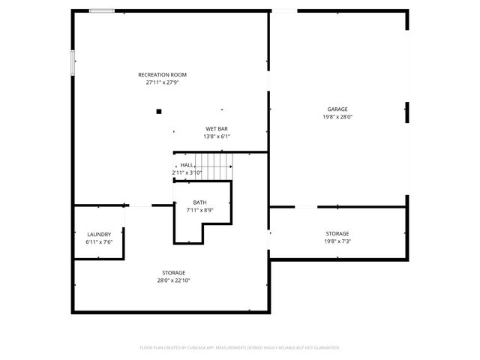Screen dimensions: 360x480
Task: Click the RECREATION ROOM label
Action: pyautogui.click(x=162, y=75)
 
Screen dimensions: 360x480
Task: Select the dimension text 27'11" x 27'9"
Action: pyautogui.click(x=162, y=82)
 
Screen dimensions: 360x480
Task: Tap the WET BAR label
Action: pyautogui.click(x=217, y=128)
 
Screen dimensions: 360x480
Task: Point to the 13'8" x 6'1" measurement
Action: pyautogui.click(x=217, y=136)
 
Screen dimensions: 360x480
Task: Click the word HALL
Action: pyautogui.click(x=187, y=165)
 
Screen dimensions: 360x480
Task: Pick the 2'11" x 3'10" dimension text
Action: pyautogui.click(x=187, y=172)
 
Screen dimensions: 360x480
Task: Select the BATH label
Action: pyautogui.click(x=199, y=202)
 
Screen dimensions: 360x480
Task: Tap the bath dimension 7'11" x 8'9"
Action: pyautogui.click(x=199, y=210)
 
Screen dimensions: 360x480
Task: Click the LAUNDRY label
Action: pyautogui.click(x=99, y=234)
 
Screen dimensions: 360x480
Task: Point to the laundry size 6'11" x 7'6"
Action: pyautogui.click(x=99, y=241)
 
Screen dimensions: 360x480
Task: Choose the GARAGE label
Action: pyautogui.click(x=337, y=109)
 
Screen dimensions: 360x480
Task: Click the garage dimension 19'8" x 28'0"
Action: pyautogui.click(x=337, y=117)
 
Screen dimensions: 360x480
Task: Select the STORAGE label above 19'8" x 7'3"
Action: pyautogui.click(x=337, y=234)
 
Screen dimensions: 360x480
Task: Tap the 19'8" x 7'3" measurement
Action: pyautogui.click(x=337, y=241)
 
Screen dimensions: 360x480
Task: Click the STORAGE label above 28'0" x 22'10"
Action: pyautogui.click(x=173, y=272)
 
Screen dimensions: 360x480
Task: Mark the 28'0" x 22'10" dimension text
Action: pyautogui.click(x=173, y=280)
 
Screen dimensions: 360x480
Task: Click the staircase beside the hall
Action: pyautogui.click(x=217, y=166)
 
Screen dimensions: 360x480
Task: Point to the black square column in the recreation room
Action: pyautogui.click(x=159, y=112)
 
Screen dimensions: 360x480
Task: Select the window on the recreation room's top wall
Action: pyautogui.click(x=102, y=10)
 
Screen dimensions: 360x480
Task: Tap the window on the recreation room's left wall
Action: pyautogui.click(x=73, y=62)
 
